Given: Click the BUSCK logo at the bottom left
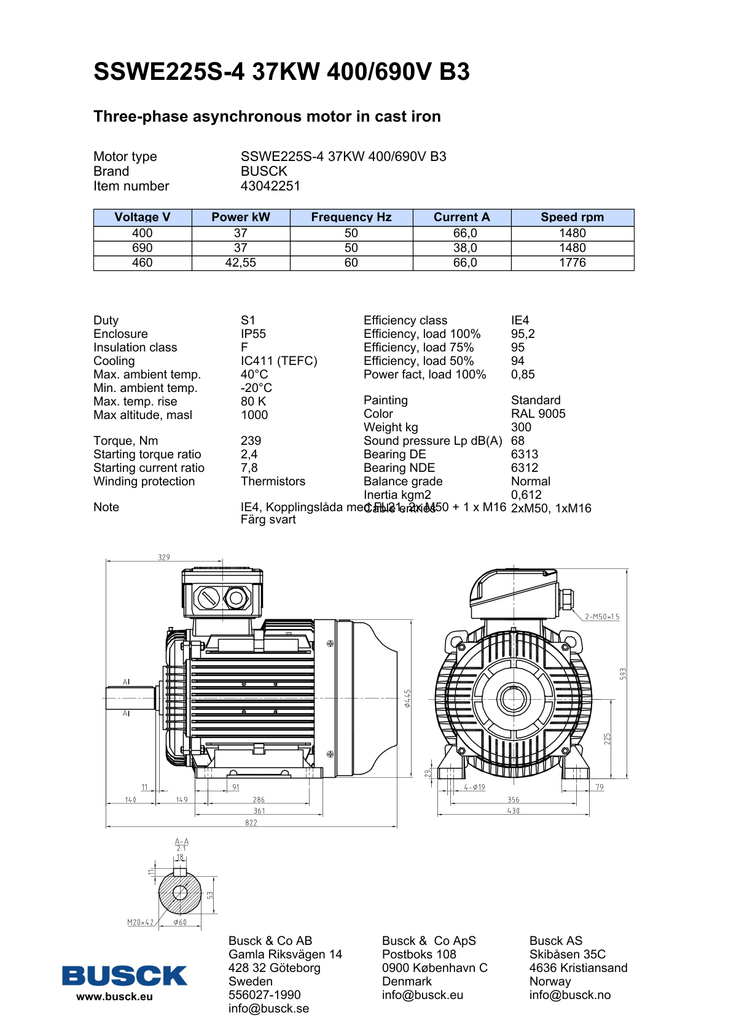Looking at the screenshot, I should [124, 975].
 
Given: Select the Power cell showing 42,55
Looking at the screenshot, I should [240, 263].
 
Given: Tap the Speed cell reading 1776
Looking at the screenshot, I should [572, 263].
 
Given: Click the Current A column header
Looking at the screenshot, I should [461, 217].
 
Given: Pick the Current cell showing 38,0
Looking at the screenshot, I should [465, 248].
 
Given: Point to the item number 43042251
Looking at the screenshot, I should [270, 186].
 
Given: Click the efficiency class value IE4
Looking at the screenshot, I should [520, 320].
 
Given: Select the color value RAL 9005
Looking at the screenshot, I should [538, 413].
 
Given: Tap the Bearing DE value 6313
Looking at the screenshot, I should [524, 454].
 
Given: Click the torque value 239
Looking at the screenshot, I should [251, 441].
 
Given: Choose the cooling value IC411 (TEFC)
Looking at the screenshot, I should [279, 361].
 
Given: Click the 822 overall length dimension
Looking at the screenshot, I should [251, 823].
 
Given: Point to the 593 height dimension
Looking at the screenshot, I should [623, 674].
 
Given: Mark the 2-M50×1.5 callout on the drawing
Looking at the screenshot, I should [602, 616].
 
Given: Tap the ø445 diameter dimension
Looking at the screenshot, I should [407, 698].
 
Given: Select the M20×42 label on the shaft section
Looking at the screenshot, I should [141, 922].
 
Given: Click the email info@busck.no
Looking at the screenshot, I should [569, 995].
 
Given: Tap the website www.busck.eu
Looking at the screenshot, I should [114, 997].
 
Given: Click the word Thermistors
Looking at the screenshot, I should [273, 481].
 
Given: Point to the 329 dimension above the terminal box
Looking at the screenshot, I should [164, 557].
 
